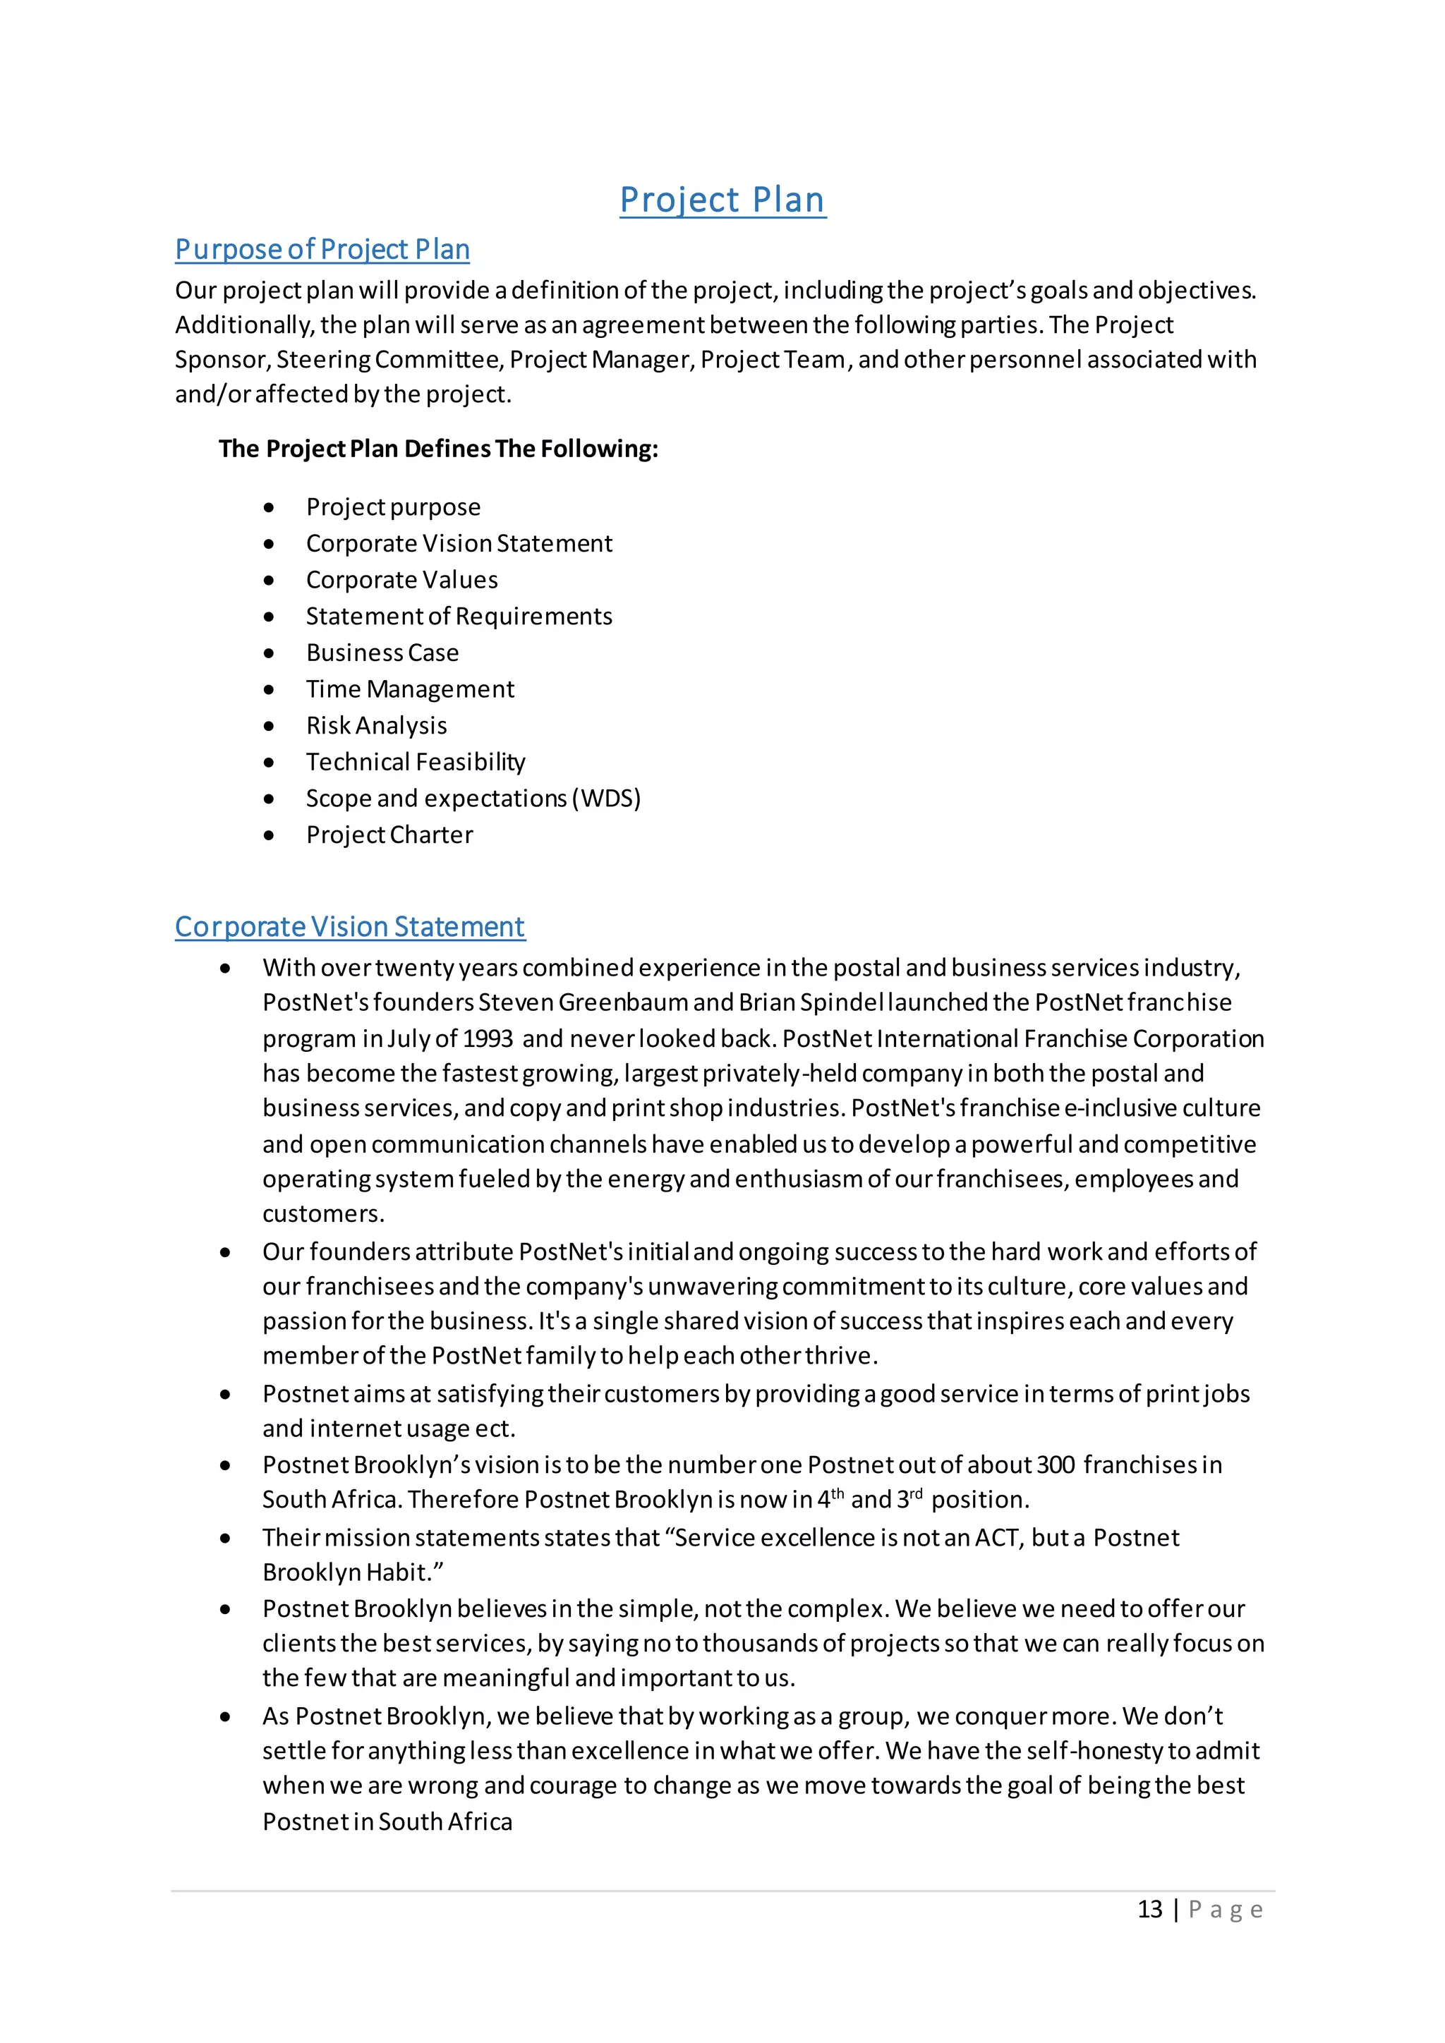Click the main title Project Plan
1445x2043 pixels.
(722, 200)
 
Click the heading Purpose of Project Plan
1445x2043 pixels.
(322, 249)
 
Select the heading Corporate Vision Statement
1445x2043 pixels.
(350, 926)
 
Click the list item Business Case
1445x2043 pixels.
(382, 653)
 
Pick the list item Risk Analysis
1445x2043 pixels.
(376, 725)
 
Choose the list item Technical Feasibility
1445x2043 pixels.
(416, 762)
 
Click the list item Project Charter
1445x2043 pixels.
(389, 835)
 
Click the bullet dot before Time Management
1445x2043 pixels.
(269, 690)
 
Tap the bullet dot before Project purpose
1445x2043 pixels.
(269, 507)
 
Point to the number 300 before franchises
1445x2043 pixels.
(1056, 1465)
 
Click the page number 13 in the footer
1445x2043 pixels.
(1149, 1909)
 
